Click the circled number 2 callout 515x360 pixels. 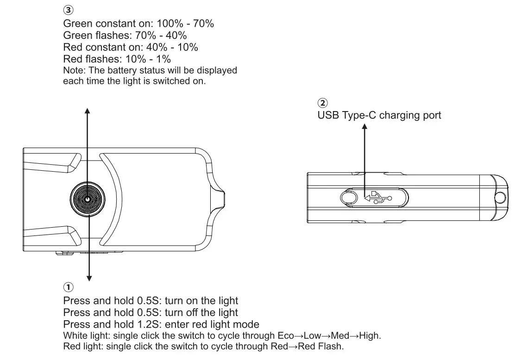[322, 103]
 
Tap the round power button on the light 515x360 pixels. [88, 199]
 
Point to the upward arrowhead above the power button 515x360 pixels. [88, 110]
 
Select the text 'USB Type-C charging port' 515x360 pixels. [379, 115]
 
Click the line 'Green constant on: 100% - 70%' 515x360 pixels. [138, 23]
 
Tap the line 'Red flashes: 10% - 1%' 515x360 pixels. [117, 59]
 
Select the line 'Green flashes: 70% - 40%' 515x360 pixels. [125, 35]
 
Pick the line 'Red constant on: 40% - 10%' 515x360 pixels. [130, 47]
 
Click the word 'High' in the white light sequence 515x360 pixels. [369, 335]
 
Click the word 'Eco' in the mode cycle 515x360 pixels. [285, 335]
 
